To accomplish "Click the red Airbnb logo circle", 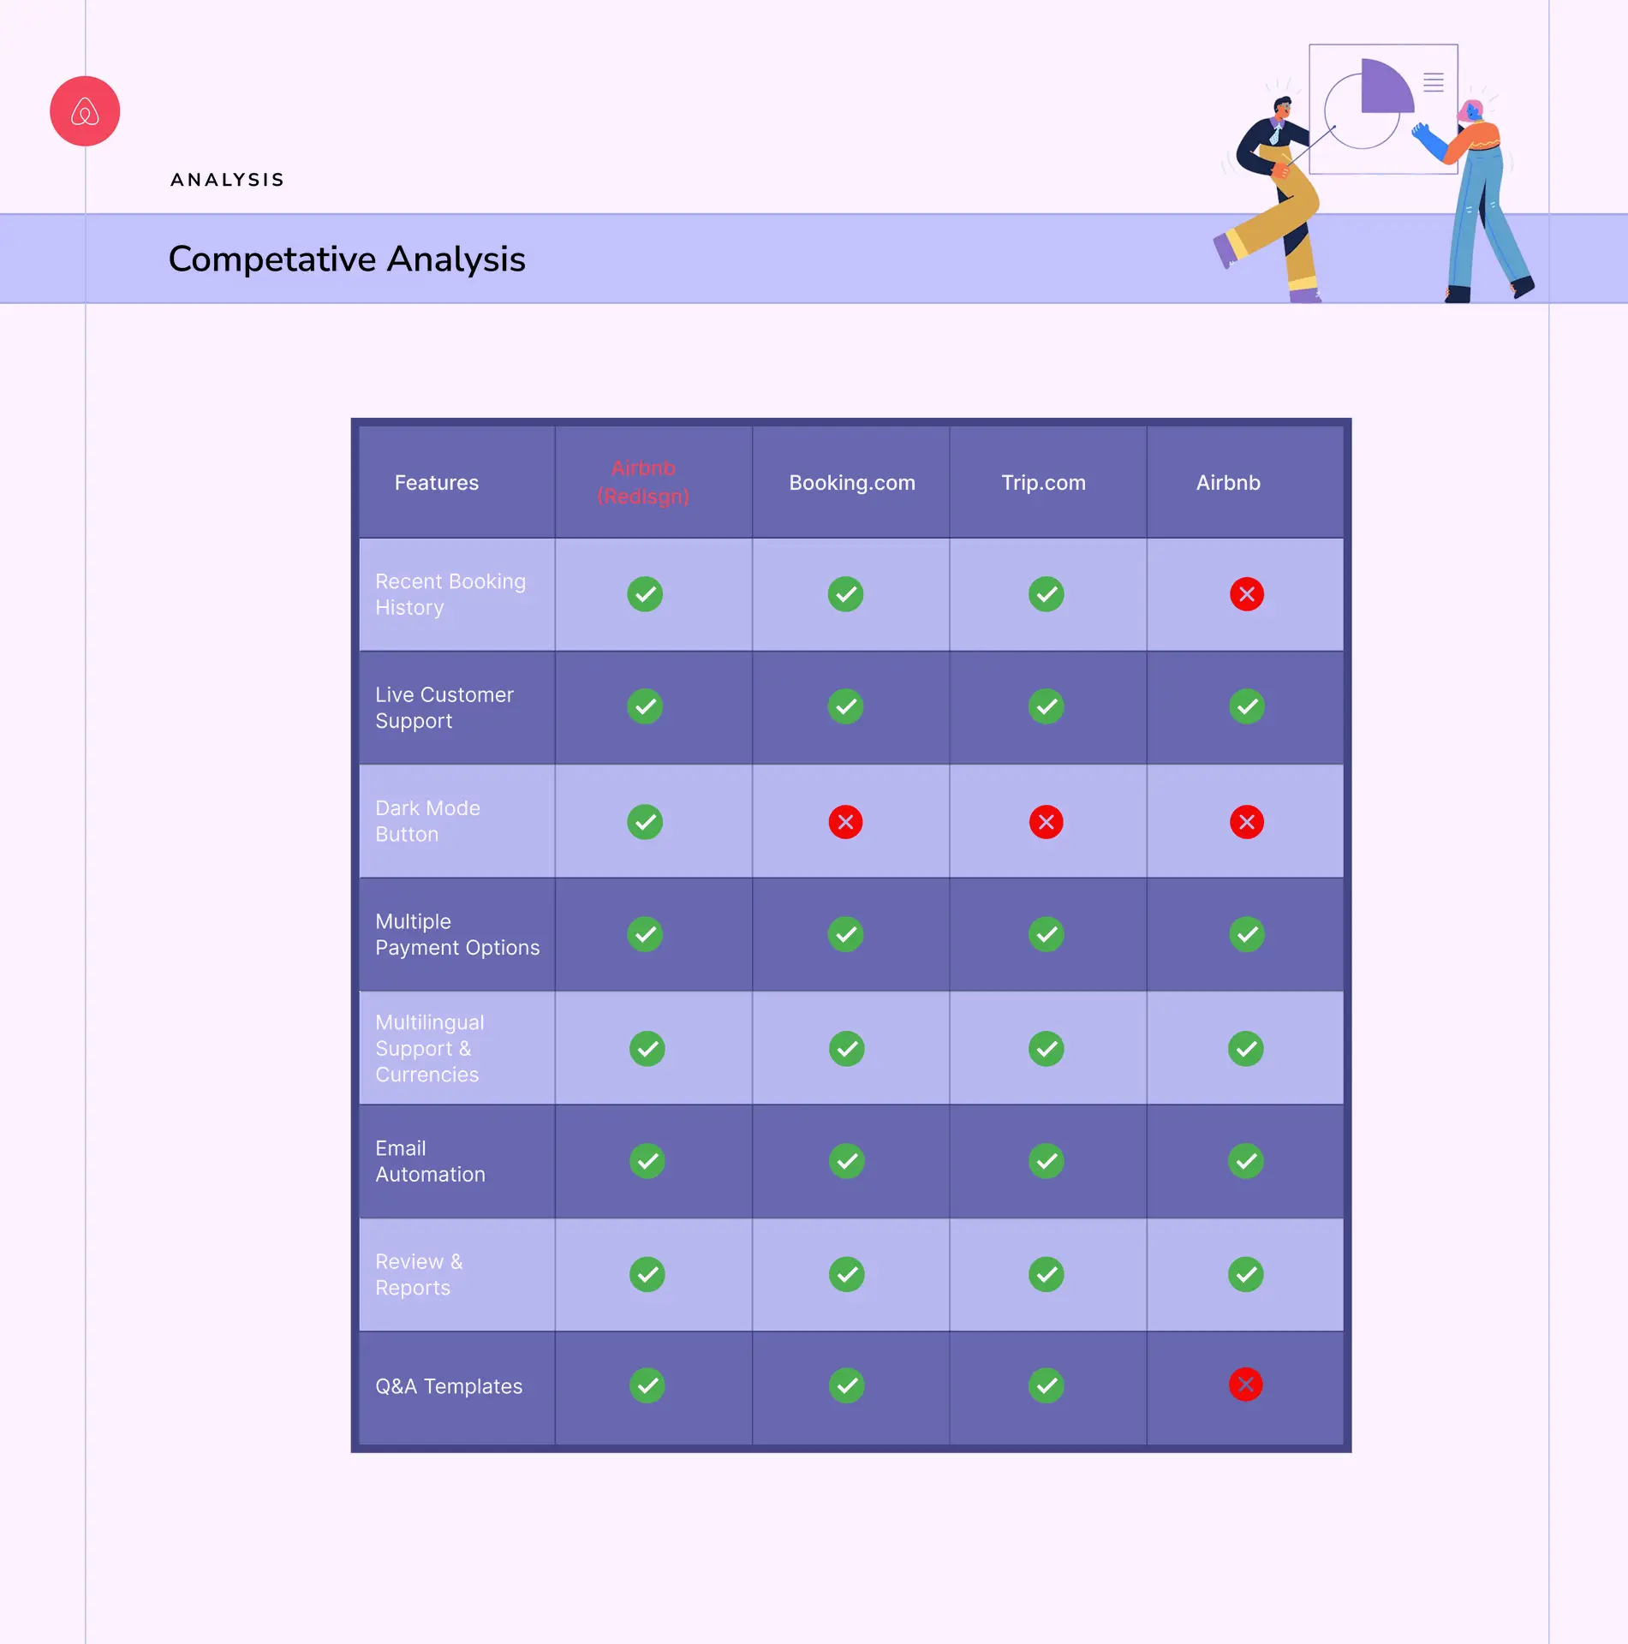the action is click(x=85, y=111).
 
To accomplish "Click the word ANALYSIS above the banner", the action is click(x=227, y=180).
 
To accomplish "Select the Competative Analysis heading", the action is click(x=347, y=259).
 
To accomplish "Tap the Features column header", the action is click(x=437, y=483).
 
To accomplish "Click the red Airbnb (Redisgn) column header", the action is click(x=643, y=482).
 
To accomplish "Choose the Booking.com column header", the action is click(x=852, y=483).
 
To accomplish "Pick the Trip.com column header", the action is click(x=1044, y=483).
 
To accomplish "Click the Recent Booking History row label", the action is click(x=450, y=594).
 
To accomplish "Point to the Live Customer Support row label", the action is click(x=444, y=708).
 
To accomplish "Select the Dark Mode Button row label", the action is click(x=427, y=821).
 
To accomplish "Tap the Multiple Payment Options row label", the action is click(x=457, y=934).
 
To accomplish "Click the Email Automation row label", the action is click(x=430, y=1161).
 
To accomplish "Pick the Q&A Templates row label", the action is click(x=449, y=1386).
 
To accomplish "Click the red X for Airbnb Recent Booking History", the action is click(x=1247, y=594).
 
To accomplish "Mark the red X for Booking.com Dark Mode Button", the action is click(x=845, y=822).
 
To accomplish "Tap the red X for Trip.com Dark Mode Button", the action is click(x=1047, y=822).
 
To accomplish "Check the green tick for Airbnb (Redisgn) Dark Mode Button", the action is click(x=645, y=822).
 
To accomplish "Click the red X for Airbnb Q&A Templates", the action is click(x=1246, y=1385).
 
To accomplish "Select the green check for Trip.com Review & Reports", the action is click(x=1047, y=1274).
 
